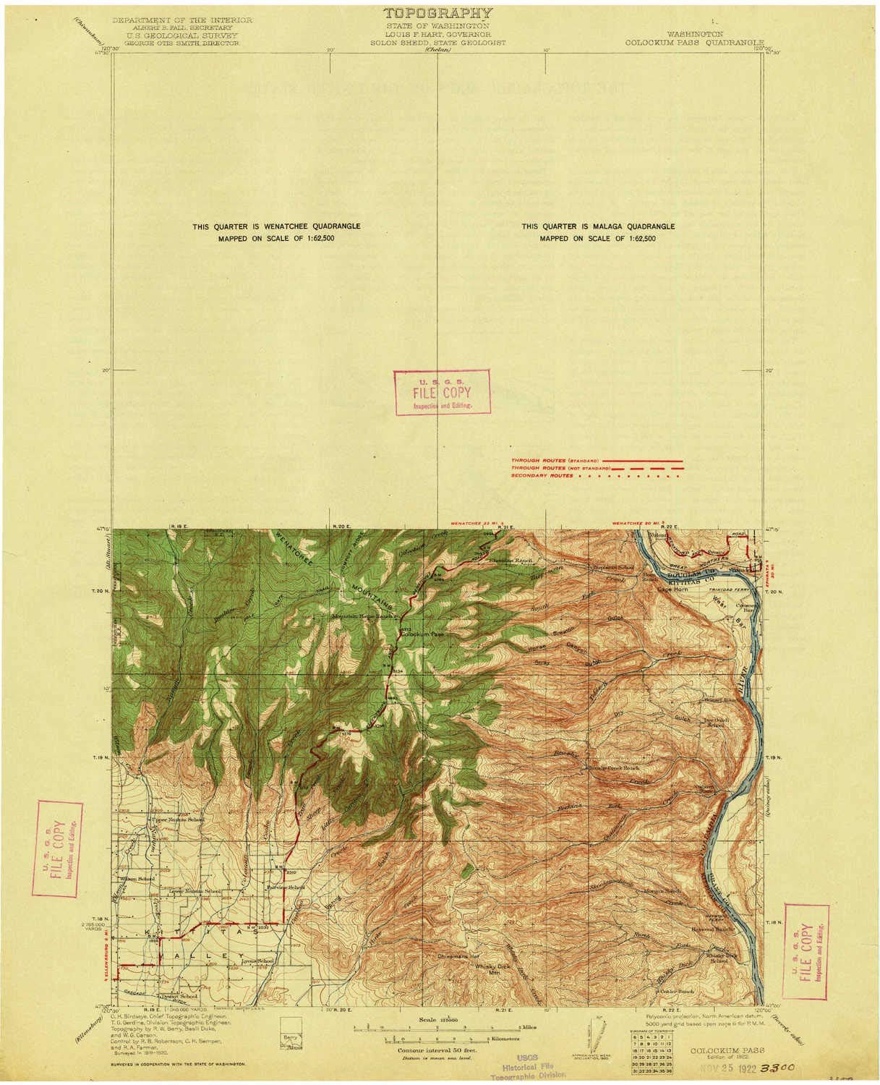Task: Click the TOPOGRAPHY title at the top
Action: point(437,13)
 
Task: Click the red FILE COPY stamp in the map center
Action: point(441,393)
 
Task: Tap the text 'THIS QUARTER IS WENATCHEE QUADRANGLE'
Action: point(276,226)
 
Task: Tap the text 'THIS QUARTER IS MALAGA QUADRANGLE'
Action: point(598,226)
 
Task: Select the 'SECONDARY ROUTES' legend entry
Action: point(542,476)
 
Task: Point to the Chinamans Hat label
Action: point(458,957)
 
